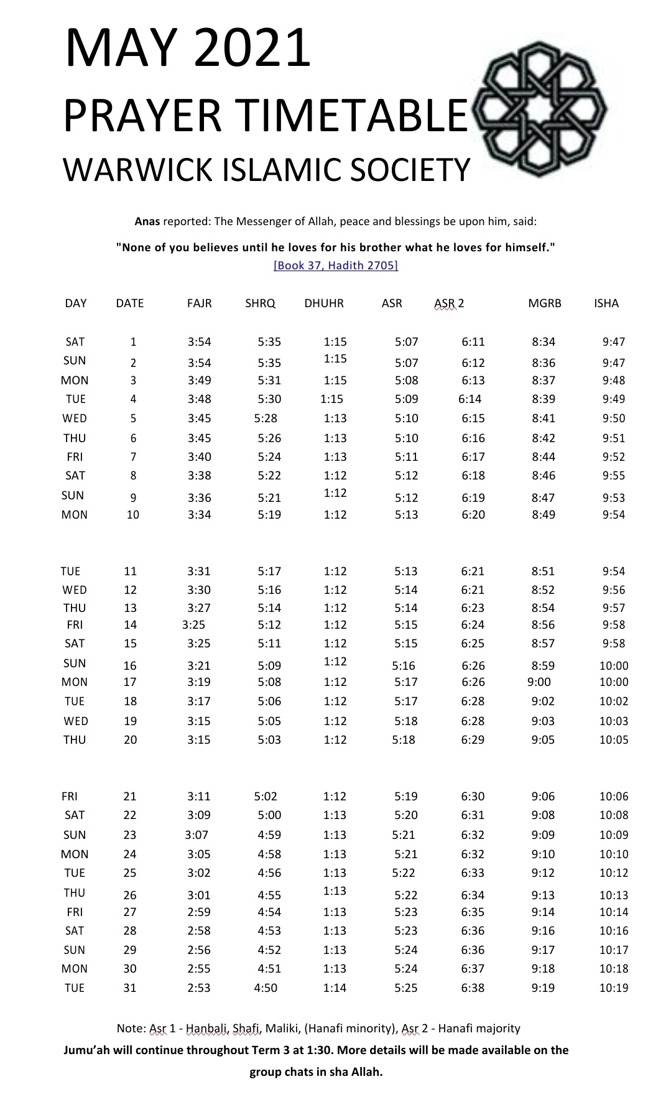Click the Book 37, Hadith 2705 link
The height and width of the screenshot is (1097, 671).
336,266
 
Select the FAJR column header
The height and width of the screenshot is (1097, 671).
199,303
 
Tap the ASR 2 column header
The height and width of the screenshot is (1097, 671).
449,303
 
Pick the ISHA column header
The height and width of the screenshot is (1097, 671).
606,303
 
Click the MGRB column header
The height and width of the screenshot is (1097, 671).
544,303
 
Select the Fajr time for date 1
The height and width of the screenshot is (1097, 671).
199,342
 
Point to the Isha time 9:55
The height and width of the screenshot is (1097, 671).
613,476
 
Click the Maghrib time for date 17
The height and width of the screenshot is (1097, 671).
539,682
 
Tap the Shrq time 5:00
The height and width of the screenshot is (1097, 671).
269,815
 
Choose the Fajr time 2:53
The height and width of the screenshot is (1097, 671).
199,988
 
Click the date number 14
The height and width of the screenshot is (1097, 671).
130,625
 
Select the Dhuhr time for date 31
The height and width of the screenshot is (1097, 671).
335,988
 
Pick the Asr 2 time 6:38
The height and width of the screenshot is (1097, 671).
473,988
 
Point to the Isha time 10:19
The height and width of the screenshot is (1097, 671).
613,988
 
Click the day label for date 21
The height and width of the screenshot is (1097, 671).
69,797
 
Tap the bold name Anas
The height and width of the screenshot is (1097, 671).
147,221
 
